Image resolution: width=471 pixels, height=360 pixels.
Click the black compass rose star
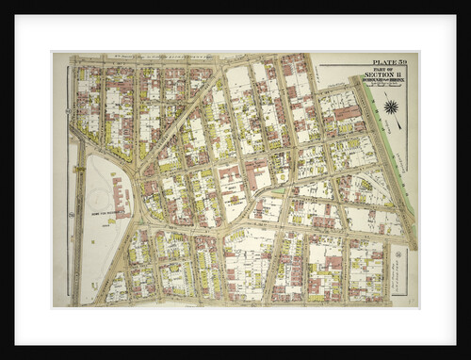(x=390, y=107)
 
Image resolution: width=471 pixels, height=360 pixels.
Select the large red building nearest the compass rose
(x=347, y=112)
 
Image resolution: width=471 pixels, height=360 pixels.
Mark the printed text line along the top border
(x=151, y=57)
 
